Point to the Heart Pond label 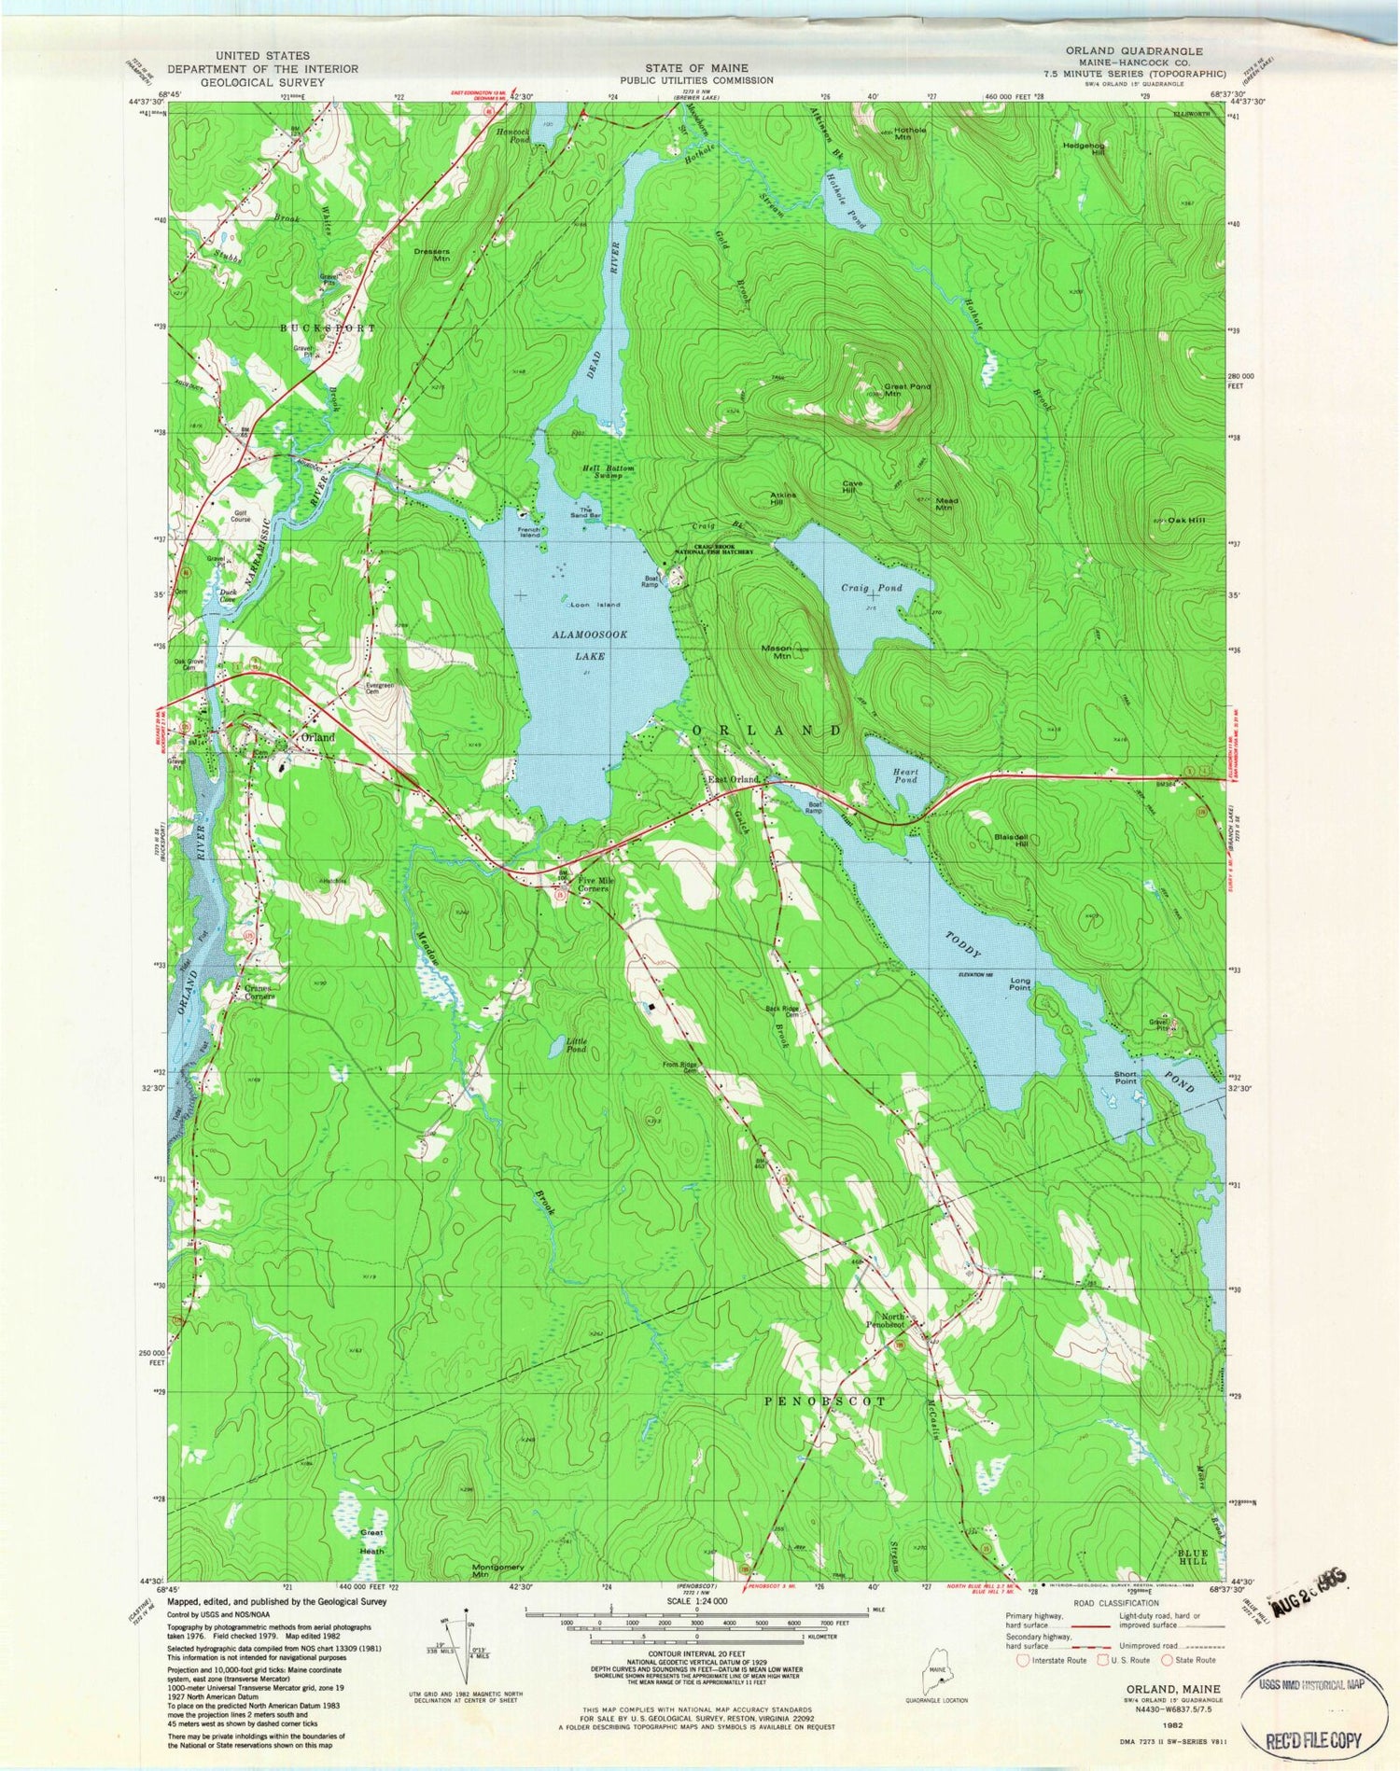[x=905, y=775]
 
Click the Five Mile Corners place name [x=593, y=885]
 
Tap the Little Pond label [x=577, y=1045]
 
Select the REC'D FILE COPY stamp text [x=1316, y=1739]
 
